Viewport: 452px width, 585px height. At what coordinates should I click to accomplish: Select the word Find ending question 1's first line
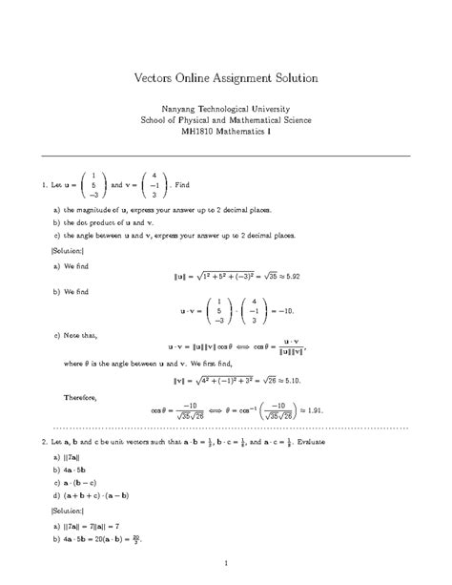click(186, 183)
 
